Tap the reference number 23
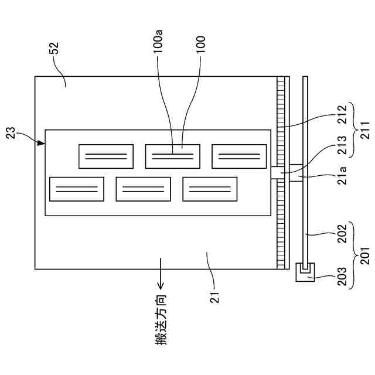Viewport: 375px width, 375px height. pos(15,137)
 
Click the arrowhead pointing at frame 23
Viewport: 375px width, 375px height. pos(41,142)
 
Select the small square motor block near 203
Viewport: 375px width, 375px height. pos(304,271)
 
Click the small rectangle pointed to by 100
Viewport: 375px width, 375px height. pos(173,156)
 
